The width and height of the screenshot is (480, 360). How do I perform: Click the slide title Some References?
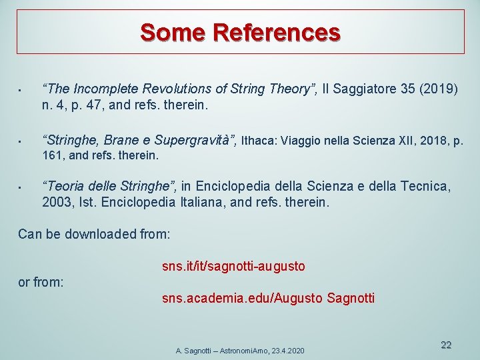(x=240, y=31)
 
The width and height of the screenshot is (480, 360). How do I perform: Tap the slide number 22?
(x=446, y=345)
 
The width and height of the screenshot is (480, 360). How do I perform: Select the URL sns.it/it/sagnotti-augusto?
(x=233, y=267)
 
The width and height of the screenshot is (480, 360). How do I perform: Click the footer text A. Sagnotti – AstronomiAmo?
(x=220, y=351)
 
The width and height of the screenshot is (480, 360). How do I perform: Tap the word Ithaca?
(x=259, y=141)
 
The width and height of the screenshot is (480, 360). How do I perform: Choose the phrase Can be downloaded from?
(x=94, y=234)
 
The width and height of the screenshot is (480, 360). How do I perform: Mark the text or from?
(x=41, y=283)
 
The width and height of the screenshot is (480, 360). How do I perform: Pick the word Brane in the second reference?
(x=120, y=140)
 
